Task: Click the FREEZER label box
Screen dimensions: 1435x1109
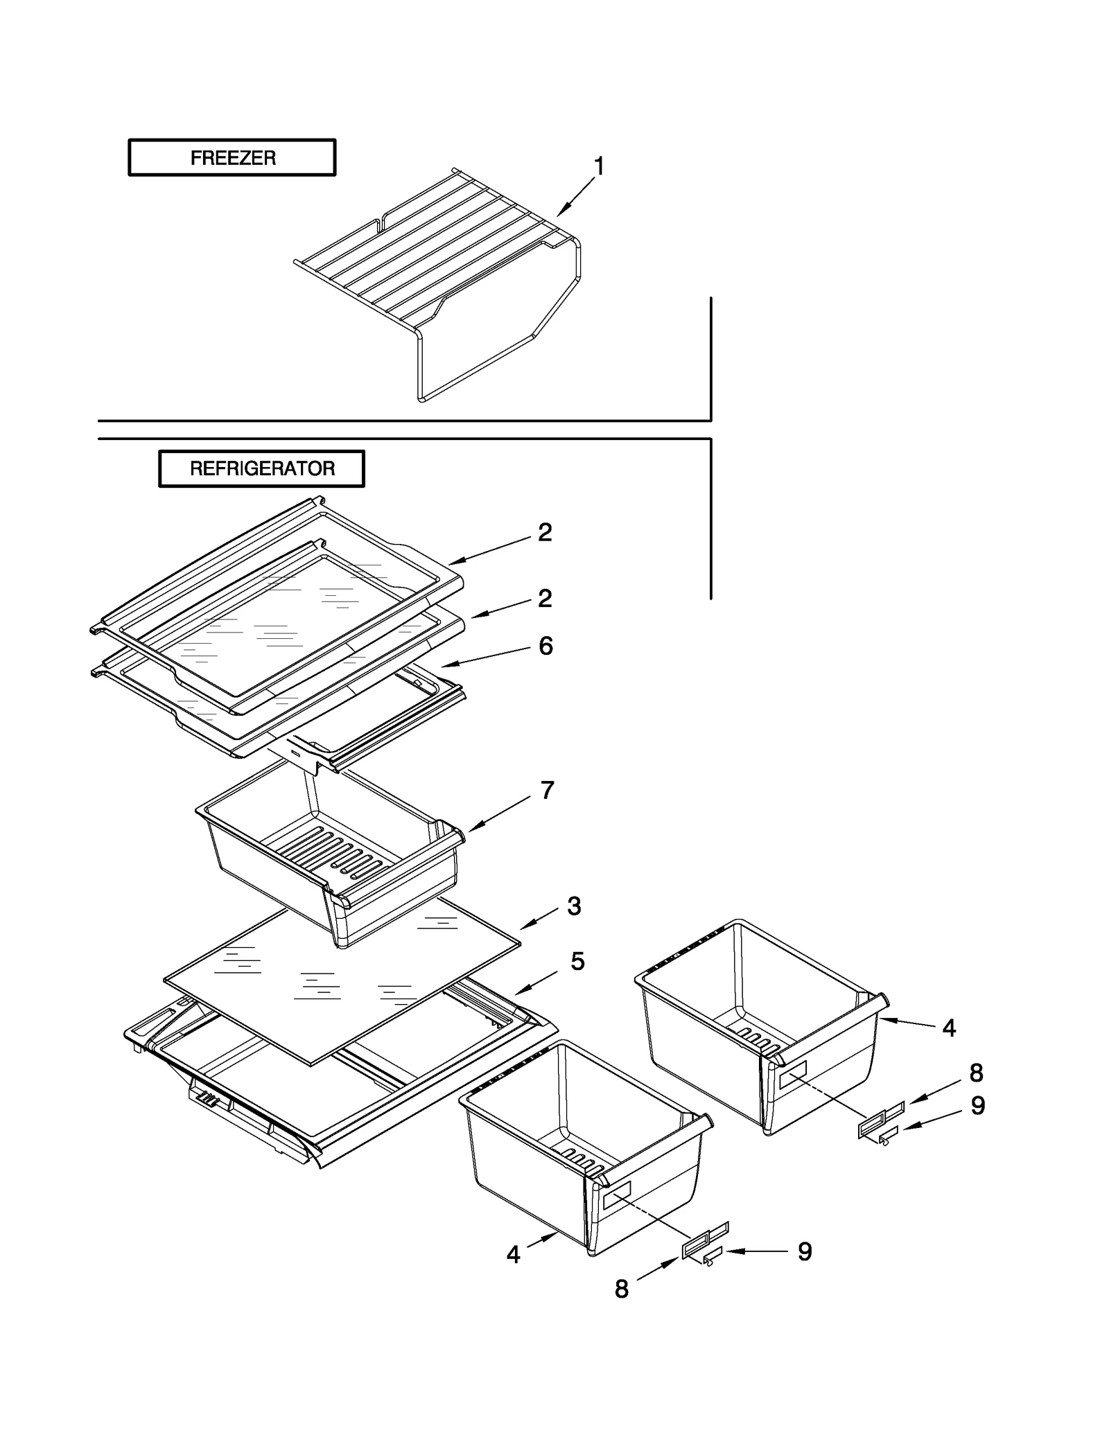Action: click(232, 158)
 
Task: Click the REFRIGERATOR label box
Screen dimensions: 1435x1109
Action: click(261, 468)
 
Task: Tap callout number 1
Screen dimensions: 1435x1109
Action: click(599, 167)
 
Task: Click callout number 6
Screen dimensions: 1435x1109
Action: click(545, 646)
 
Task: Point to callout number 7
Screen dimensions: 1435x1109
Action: click(547, 790)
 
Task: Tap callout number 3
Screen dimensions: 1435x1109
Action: click(574, 906)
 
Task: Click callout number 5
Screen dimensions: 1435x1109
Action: click(577, 961)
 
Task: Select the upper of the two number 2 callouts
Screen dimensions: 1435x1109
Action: click(545, 532)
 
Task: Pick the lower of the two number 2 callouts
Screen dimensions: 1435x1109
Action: click(545, 598)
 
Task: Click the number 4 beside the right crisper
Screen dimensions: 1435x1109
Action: click(949, 1028)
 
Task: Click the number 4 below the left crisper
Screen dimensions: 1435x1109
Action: click(513, 1255)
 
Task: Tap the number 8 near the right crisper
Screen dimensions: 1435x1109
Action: click(976, 1073)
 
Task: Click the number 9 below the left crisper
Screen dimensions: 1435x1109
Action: click(804, 1251)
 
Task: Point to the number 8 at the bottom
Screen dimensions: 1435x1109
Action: click(622, 1289)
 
